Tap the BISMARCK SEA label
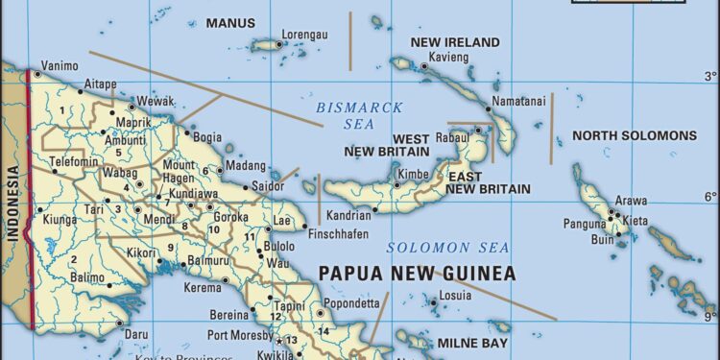coord(359,114)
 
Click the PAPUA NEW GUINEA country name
coord(417,274)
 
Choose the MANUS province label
coord(230,22)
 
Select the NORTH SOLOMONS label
coord(635,135)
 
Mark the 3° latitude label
coord(709,75)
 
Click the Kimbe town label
coord(413,175)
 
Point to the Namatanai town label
coord(519,101)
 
